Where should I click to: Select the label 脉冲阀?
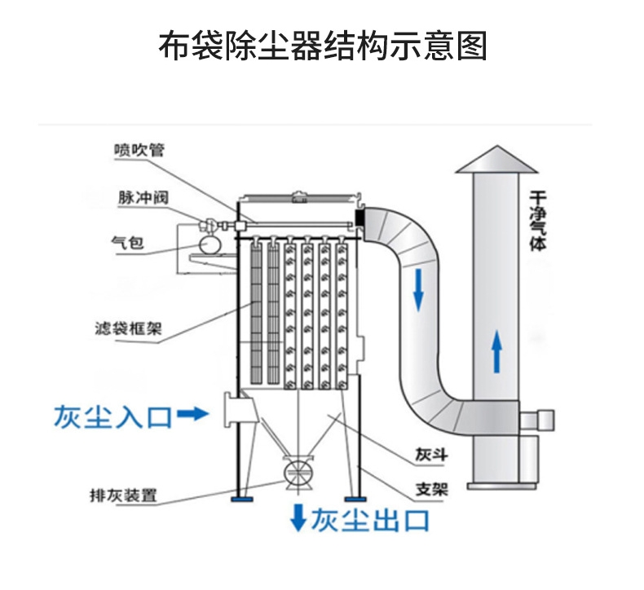(136, 198)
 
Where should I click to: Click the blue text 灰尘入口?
(113, 416)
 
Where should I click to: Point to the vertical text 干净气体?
(537, 220)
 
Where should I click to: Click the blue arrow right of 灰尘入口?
(193, 415)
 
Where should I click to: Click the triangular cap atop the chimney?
(496, 161)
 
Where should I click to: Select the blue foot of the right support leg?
(352, 498)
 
